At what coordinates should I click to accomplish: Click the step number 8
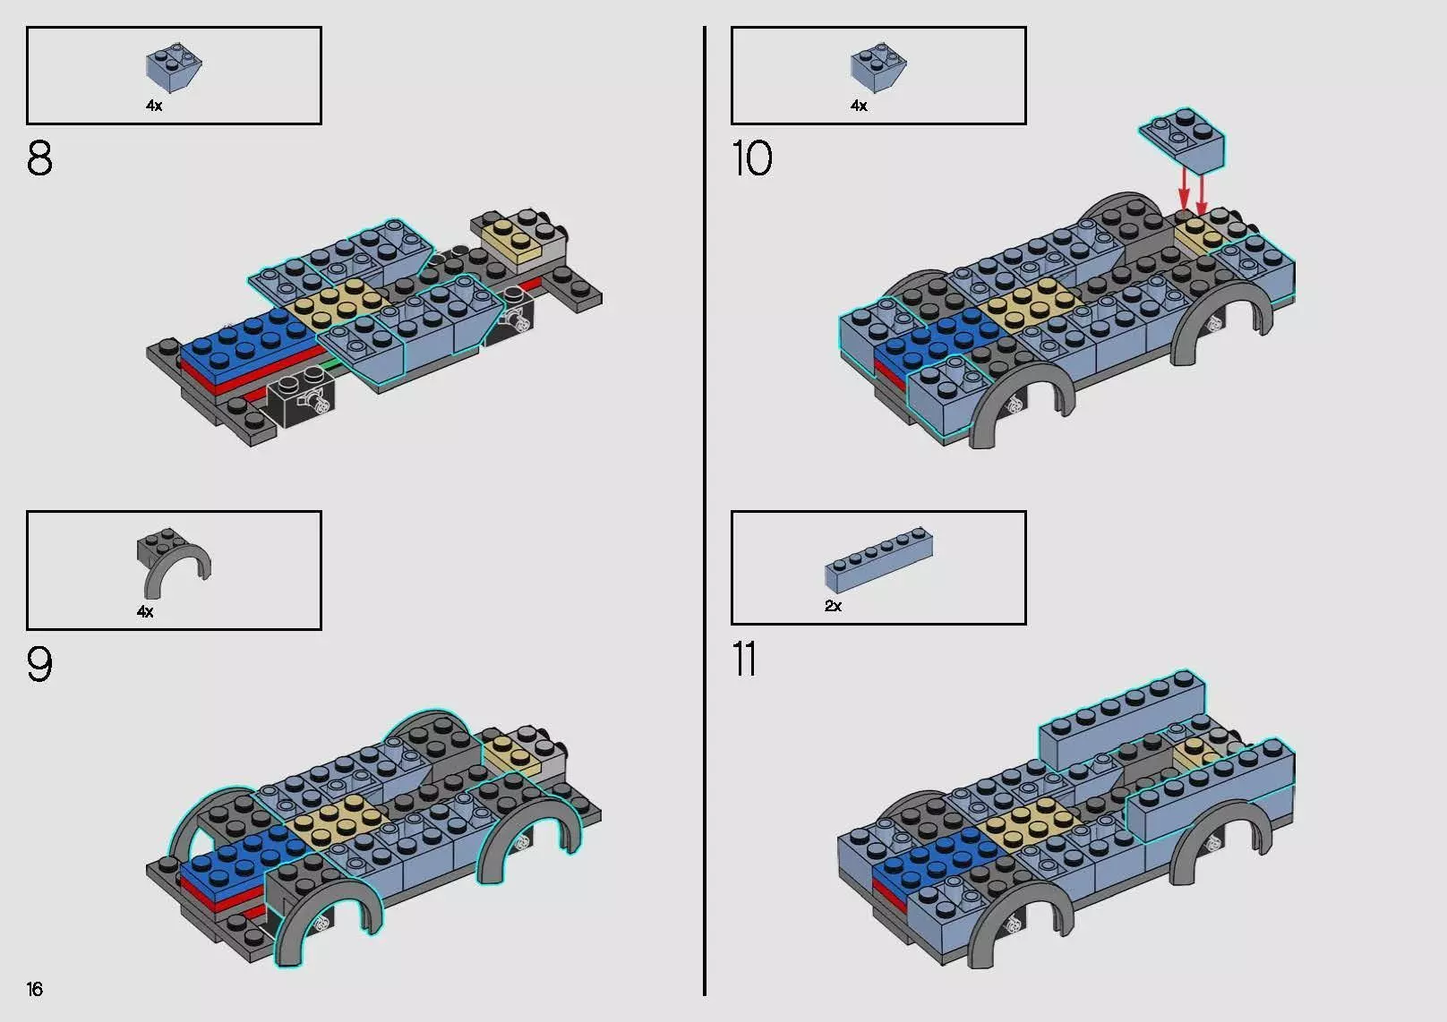[x=39, y=158]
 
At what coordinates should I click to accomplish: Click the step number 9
[x=39, y=664]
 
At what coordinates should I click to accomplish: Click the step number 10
[x=751, y=158]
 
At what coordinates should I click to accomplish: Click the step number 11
[x=744, y=660]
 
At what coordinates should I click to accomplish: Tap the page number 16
[x=35, y=989]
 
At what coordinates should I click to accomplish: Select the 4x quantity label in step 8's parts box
[x=154, y=106]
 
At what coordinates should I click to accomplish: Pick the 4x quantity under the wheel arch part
[x=145, y=612]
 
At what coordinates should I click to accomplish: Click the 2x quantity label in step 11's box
[x=833, y=606]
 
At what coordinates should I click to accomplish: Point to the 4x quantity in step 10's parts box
[x=859, y=106]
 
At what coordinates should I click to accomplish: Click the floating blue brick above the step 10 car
[x=1183, y=140]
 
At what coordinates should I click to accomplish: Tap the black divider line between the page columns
[x=705, y=510]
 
